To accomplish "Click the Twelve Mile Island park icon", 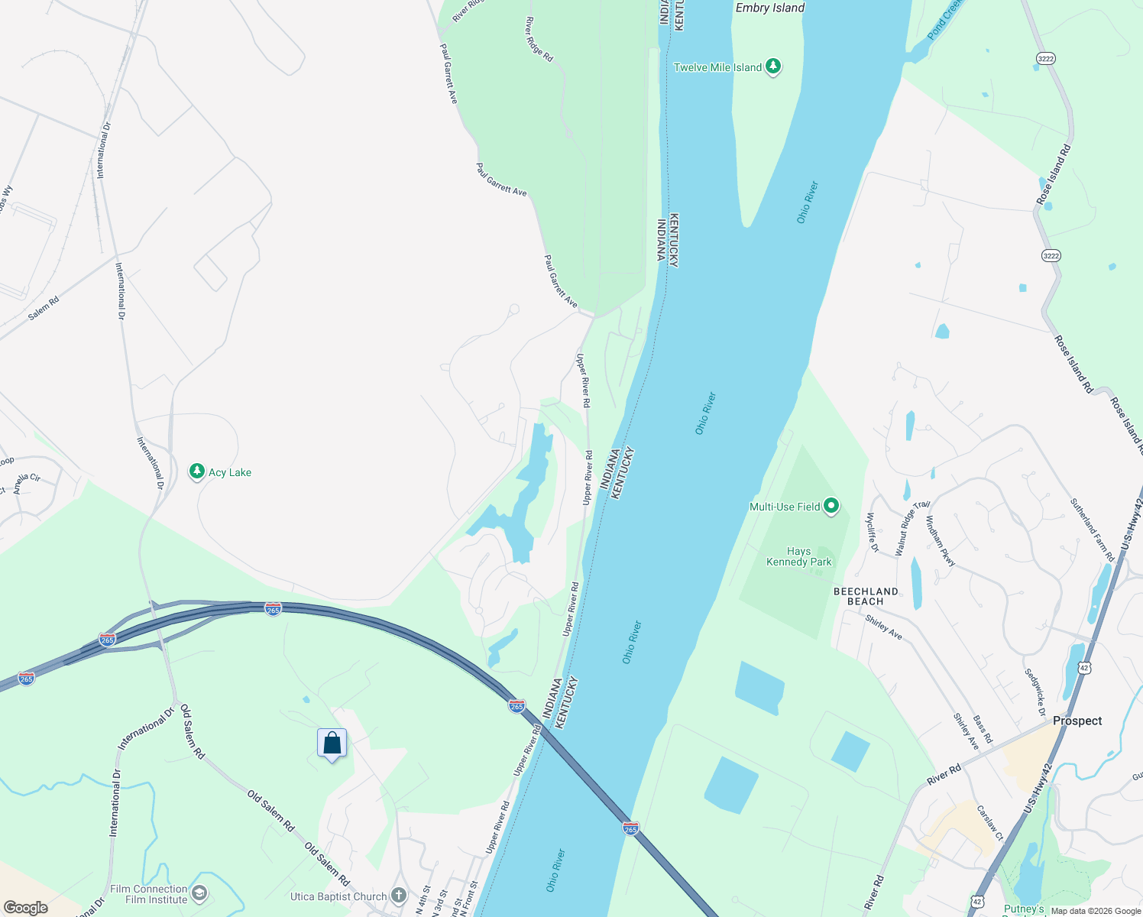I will click(773, 67).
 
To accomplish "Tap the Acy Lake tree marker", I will click(197, 471).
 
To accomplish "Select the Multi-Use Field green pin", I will click(831, 506).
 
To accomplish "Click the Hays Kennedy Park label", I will click(798, 556).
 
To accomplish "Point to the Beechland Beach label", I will click(866, 596).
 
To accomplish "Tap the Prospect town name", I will click(1077, 721).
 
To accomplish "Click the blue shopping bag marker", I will click(332, 744).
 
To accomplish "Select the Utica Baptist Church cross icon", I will click(398, 896).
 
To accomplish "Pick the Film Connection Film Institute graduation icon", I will click(199, 893).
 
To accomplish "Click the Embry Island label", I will click(769, 8).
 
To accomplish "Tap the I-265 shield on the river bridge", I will click(630, 828).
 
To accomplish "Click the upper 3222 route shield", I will click(1045, 58).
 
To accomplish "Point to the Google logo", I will click(26, 908).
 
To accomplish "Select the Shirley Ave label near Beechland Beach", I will click(884, 627).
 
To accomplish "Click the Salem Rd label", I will click(44, 307).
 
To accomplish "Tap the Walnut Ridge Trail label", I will click(912, 527).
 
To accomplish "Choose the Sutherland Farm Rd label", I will click(1092, 530).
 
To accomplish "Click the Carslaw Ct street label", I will click(989, 822).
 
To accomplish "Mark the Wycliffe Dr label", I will click(872, 531).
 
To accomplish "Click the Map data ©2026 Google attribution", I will click(1096, 911).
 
